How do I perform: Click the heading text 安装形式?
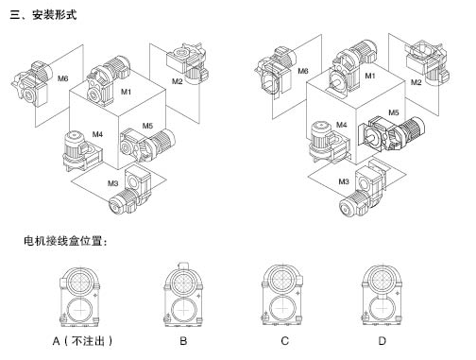pyautogui.click(x=54, y=15)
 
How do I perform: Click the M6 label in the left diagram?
pyautogui.click(x=63, y=78)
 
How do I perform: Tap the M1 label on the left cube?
pyautogui.click(x=126, y=92)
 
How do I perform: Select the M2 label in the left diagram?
pyautogui.click(x=177, y=81)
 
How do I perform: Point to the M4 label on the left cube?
pyautogui.click(x=97, y=134)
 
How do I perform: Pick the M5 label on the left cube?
pyautogui.click(x=147, y=126)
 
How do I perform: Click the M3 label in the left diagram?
pyautogui.click(x=112, y=183)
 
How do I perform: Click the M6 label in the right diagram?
pyautogui.click(x=303, y=71)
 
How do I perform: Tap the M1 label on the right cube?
pyautogui.click(x=370, y=76)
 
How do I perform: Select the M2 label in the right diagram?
pyautogui.click(x=416, y=82)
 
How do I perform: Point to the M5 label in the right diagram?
pyautogui.click(x=394, y=112)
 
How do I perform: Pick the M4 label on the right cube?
pyautogui.click(x=342, y=125)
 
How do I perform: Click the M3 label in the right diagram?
pyautogui.click(x=344, y=181)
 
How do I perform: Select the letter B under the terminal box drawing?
pyautogui.click(x=183, y=341)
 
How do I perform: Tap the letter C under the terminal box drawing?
pyautogui.click(x=284, y=341)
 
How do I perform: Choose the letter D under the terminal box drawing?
pyautogui.click(x=382, y=341)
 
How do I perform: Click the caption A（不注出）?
pyautogui.click(x=82, y=341)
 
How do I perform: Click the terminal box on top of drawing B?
pyautogui.click(x=183, y=266)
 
